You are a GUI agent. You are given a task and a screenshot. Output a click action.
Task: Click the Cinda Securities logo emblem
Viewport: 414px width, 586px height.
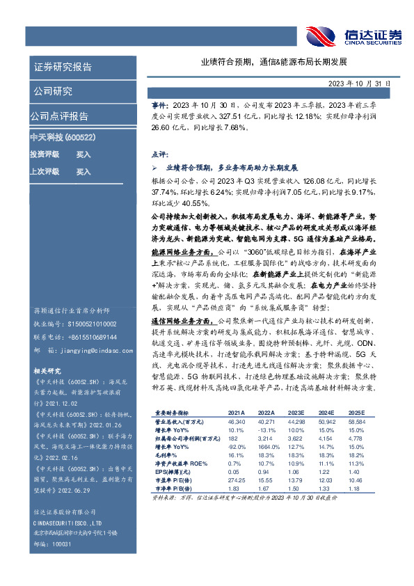[321, 34]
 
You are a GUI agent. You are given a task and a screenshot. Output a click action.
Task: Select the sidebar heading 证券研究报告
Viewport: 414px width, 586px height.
[63, 68]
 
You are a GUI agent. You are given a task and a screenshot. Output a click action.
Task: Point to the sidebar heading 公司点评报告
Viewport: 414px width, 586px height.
[59, 116]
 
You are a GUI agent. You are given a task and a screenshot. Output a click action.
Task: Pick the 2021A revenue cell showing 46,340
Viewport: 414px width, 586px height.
[238, 421]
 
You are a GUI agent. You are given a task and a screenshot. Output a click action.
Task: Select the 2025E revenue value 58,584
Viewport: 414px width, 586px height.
[356, 421]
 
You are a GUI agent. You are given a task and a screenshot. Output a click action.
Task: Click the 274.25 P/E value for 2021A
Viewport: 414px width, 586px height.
[238, 480]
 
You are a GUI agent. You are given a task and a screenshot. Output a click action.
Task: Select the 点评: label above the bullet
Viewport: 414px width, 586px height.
[159, 154]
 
